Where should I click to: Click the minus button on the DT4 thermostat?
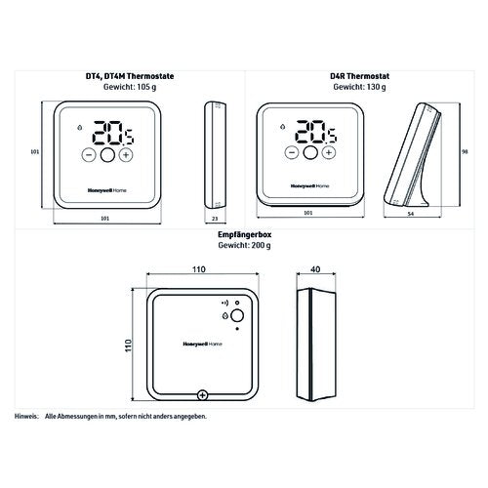[x=89, y=155]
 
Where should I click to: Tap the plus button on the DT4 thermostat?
[x=126, y=155]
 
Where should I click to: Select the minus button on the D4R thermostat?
[x=292, y=152]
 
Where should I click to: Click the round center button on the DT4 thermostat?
[x=107, y=155]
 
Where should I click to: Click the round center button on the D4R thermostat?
[x=310, y=152]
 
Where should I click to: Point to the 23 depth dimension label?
[x=215, y=219]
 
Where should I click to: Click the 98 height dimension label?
[x=465, y=152]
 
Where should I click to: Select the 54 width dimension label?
[x=411, y=214]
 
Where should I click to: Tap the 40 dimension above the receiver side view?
[x=315, y=269]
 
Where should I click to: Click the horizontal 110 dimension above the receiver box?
[x=199, y=269]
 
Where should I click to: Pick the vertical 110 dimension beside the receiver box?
[x=128, y=346]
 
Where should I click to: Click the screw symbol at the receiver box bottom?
[x=202, y=395]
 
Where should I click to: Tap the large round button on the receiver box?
[x=237, y=315]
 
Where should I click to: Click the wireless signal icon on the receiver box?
[x=224, y=303]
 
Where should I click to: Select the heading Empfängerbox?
[x=244, y=234]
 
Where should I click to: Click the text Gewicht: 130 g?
[x=359, y=87]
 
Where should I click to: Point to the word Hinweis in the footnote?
[x=26, y=416]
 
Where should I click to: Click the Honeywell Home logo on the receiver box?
[x=202, y=344]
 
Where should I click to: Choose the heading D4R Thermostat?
[x=359, y=76]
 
